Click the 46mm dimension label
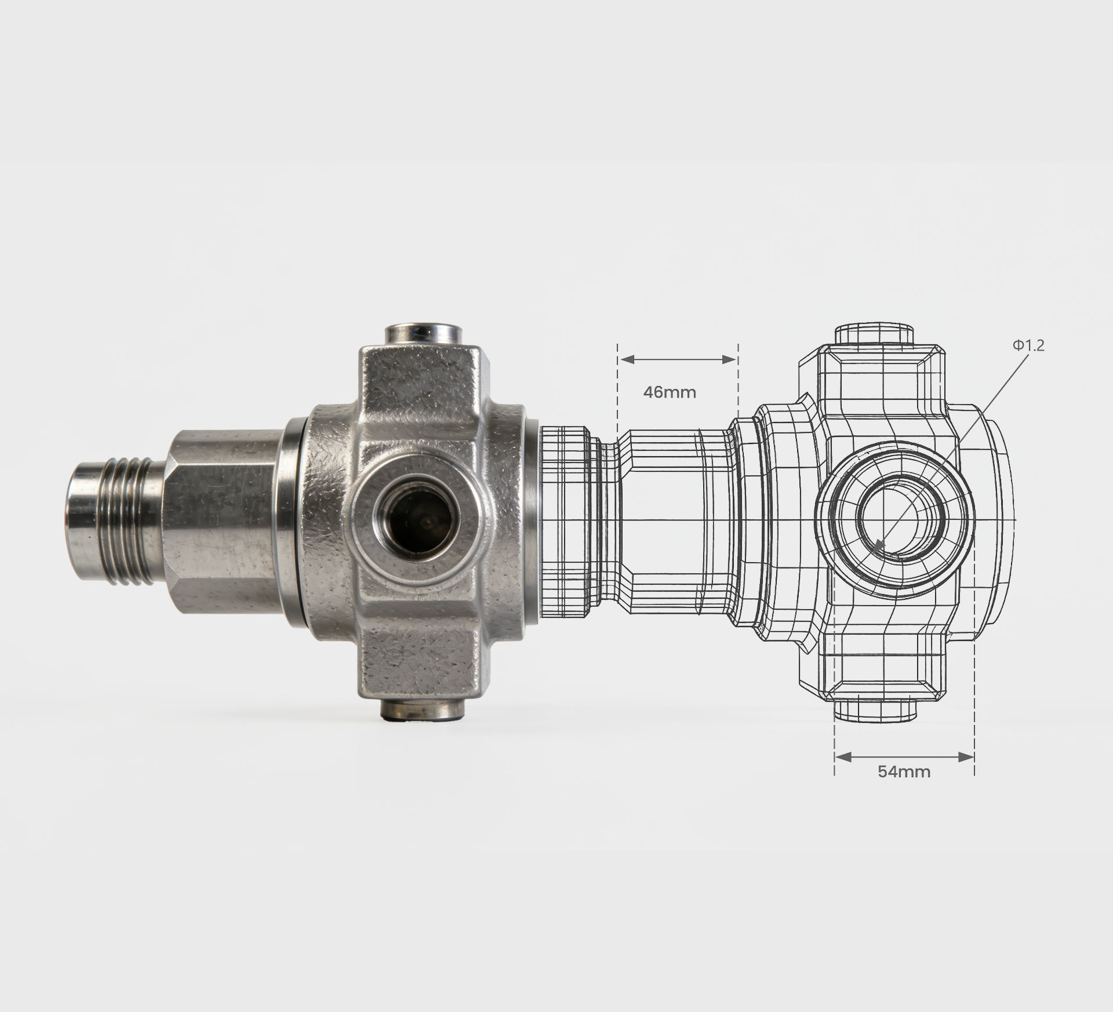[670, 392]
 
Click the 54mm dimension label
[904, 771]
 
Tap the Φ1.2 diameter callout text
[1028, 345]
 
